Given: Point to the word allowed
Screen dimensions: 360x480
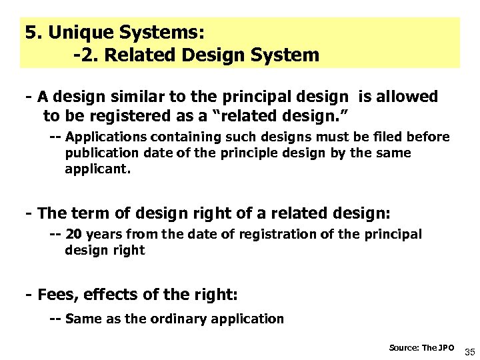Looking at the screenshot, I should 408,97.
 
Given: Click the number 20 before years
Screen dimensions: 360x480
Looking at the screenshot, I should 74,235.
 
